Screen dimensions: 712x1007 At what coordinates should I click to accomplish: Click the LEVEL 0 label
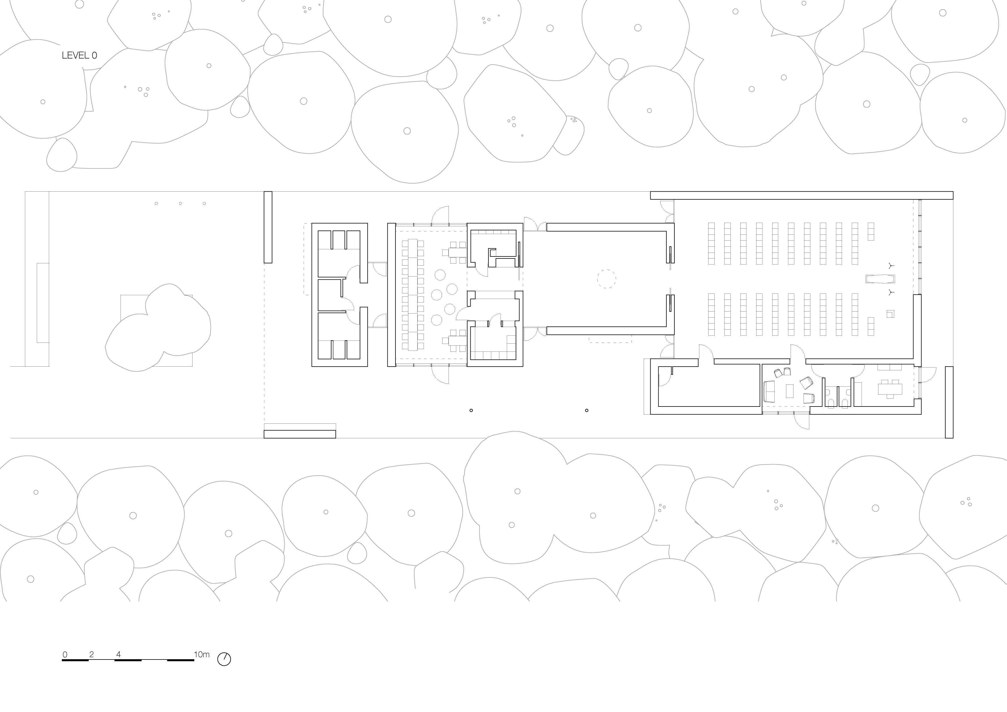tap(79, 56)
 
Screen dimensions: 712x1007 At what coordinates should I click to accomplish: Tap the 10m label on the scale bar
tap(202, 655)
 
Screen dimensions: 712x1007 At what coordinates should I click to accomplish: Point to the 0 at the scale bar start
tap(65, 655)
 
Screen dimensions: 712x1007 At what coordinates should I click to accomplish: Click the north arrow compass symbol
tap(224, 659)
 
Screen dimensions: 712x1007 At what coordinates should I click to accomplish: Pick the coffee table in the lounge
tap(790, 391)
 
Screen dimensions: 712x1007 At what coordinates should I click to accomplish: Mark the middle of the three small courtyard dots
tap(180, 203)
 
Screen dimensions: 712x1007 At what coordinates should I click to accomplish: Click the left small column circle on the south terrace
tap(471, 411)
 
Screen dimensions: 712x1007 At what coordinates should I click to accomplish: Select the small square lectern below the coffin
tap(890, 314)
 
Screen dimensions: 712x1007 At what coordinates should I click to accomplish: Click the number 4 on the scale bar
tap(119, 655)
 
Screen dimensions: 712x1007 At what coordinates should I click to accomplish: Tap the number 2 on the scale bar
tap(91, 655)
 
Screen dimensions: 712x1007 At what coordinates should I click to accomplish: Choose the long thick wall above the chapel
tap(801, 196)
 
